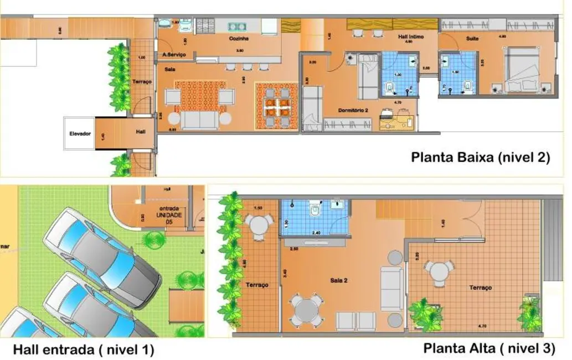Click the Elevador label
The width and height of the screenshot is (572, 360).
[x=80, y=133]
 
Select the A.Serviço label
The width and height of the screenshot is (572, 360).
[x=174, y=54]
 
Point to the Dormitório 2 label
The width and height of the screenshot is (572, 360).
[x=354, y=111]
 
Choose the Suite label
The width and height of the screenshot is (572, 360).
[x=472, y=38]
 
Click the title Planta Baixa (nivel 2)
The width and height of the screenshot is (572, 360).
[x=480, y=157]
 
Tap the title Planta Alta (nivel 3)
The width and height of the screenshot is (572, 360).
[x=489, y=348]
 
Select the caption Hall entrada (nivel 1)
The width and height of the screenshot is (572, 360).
[x=83, y=350]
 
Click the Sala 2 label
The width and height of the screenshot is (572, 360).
[x=338, y=280]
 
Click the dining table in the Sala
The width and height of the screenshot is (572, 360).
[x=276, y=107]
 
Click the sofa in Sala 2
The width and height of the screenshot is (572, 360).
[x=391, y=289]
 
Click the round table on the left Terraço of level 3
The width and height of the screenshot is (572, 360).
[x=258, y=226]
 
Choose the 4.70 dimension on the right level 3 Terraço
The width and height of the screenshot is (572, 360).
[x=482, y=326]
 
